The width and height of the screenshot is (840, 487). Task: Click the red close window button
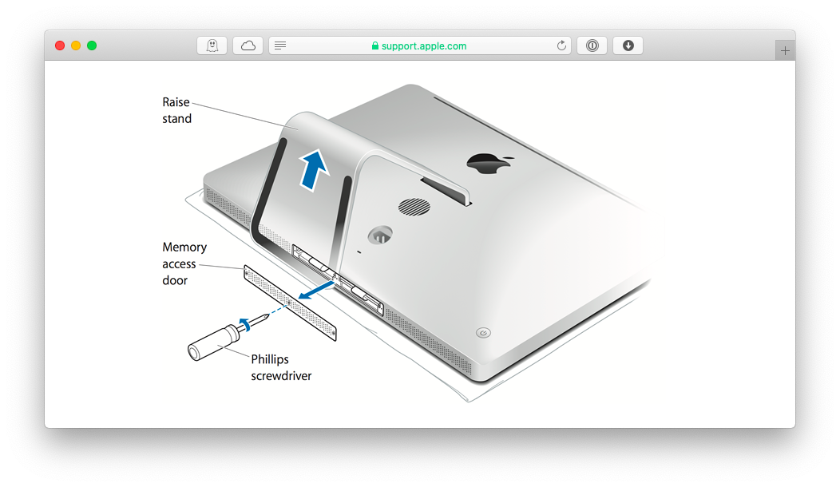pyautogui.click(x=60, y=46)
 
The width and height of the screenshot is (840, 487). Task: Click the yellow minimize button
pyautogui.click(x=76, y=46)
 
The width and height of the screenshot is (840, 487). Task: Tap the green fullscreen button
pyautogui.click(x=92, y=46)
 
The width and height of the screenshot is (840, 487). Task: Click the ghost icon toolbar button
pyautogui.click(x=212, y=46)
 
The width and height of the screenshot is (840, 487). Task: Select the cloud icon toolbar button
pyautogui.click(x=248, y=46)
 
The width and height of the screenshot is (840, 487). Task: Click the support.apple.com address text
pyautogui.click(x=424, y=46)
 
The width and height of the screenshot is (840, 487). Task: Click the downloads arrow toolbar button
pyautogui.click(x=628, y=46)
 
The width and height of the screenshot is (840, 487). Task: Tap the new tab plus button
pyautogui.click(x=785, y=50)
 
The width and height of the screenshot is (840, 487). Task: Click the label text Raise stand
pyautogui.click(x=176, y=110)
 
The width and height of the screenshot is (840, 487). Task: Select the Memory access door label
pyautogui.click(x=184, y=263)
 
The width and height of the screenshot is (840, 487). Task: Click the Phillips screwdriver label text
pyautogui.click(x=280, y=367)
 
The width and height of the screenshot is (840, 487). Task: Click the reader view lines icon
pyautogui.click(x=279, y=46)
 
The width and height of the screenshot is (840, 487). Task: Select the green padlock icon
pyautogui.click(x=374, y=46)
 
